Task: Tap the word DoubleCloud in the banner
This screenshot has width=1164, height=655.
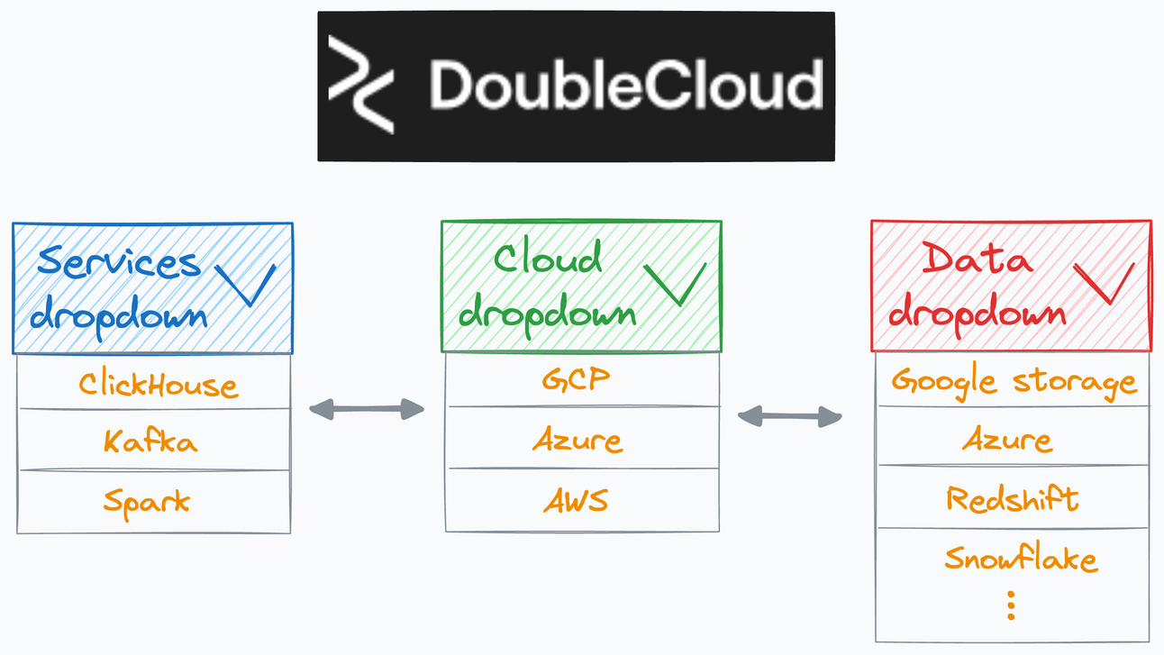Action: click(x=625, y=85)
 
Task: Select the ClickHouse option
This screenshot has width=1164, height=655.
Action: click(x=158, y=385)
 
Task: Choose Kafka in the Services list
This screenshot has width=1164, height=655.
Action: click(x=150, y=441)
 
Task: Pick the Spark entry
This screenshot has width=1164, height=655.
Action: click(x=147, y=500)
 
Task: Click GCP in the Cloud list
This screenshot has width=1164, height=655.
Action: click(x=576, y=380)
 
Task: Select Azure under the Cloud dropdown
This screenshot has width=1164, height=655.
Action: click(x=577, y=440)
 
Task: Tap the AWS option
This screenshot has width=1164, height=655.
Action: click(x=576, y=500)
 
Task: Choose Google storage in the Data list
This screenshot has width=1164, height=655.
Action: click(x=1014, y=382)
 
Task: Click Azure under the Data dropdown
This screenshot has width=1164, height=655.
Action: click(x=1007, y=440)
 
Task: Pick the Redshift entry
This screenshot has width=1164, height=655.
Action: click(x=1012, y=498)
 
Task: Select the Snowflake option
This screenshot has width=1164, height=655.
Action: click(x=1021, y=559)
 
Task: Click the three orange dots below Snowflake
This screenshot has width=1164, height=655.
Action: click(x=1011, y=605)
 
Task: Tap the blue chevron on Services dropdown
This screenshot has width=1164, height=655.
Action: click(x=245, y=287)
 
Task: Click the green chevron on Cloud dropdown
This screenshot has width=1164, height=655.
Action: click(x=674, y=285)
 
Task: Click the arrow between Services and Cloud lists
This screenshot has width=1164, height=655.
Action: click(x=366, y=410)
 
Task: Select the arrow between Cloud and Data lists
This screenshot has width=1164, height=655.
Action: click(x=789, y=415)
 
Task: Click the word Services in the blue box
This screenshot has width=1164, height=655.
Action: click(x=119, y=262)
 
